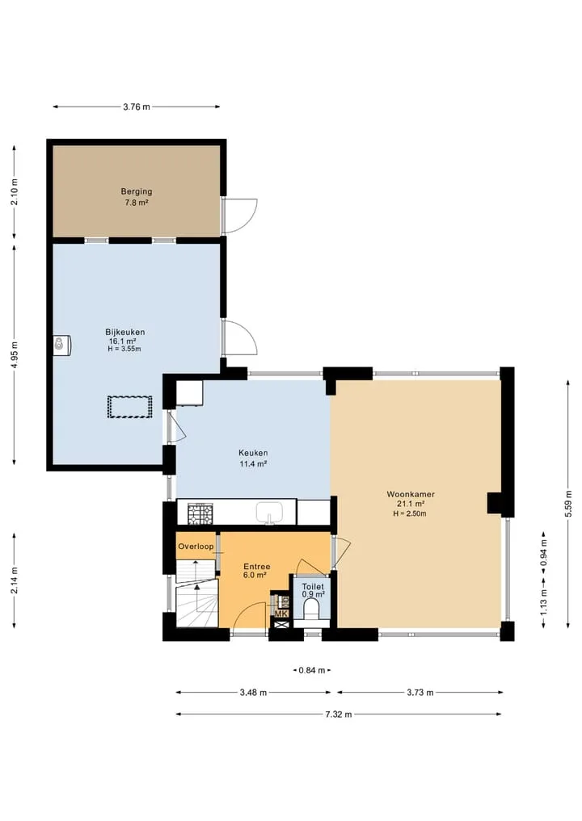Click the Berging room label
137,191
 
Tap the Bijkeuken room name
124,332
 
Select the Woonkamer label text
411,494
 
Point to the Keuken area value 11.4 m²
253,463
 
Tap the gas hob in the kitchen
200,513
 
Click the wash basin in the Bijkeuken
62,345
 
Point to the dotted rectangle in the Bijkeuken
129,407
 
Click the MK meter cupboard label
281,614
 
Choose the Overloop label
196,547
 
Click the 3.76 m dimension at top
137,107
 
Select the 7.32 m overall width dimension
339,714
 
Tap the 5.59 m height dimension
568,504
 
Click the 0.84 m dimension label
312,670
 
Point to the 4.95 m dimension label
15,355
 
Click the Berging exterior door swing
240,216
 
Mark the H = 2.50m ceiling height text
410,513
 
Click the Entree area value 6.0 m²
255,575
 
